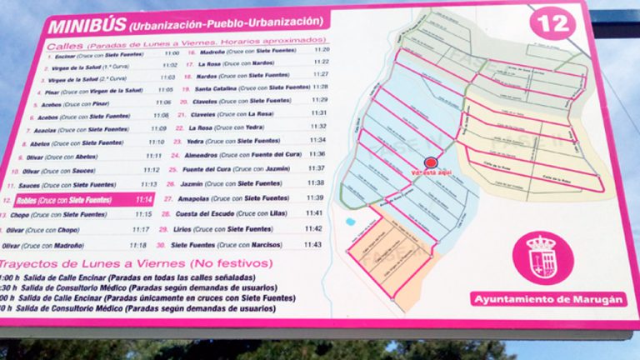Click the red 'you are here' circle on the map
click(x=431, y=162)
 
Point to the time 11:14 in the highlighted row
click(x=144, y=199)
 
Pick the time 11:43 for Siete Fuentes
click(x=313, y=244)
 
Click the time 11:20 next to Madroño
click(x=321, y=50)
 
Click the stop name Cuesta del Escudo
click(x=210, y=213)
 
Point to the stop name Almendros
click(x=202, y=154)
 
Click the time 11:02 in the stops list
click(x=169, y=65)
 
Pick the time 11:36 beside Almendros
click(x=317, y=154)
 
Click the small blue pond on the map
click(x=350, y=222)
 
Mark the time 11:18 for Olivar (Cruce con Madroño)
click(x=138, y=245)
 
